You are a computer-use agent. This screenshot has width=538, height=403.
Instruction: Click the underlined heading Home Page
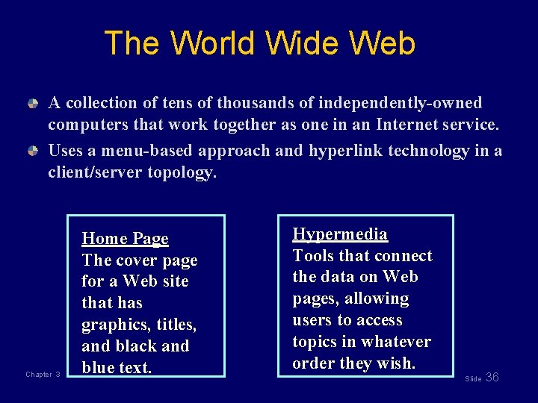125,239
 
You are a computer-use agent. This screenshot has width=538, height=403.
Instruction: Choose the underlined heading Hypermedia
340,234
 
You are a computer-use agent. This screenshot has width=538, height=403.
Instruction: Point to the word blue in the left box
98,368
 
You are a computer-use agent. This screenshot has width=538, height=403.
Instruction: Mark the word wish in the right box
398,363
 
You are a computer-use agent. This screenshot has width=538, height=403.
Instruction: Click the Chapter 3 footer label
43,375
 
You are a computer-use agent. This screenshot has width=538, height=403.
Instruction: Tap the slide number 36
492,378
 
